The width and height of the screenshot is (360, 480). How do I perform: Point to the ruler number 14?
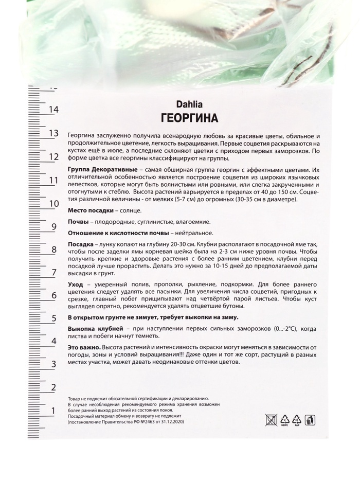53,110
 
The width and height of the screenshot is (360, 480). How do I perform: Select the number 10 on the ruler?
53,203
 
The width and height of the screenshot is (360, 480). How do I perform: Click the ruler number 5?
53,318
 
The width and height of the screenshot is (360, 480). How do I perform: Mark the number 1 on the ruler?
53,411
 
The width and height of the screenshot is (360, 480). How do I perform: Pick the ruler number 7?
53,273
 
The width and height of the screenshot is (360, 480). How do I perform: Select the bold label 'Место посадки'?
89,210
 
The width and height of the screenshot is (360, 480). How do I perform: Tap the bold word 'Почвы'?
78,222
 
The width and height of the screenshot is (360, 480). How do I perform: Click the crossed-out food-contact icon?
271,419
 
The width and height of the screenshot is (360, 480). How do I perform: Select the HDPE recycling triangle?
284,420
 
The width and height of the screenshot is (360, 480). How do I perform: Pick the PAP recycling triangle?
297,420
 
